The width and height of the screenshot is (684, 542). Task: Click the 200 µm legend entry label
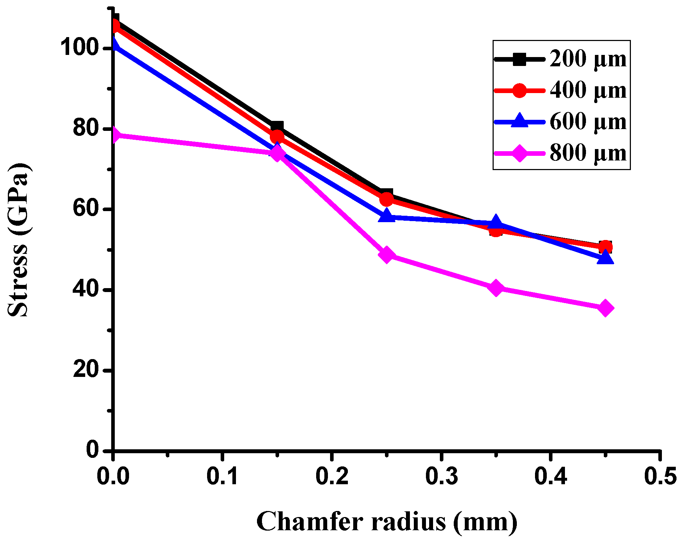pos(588,59)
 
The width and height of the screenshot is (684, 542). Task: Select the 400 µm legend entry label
pos(588,90)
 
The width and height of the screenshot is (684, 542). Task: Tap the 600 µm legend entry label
pos(588,122)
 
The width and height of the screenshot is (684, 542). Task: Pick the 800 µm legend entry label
pos(588,153)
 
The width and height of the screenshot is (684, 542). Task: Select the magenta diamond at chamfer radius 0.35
pos(495,287)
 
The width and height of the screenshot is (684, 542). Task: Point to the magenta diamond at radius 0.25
pos(386,254)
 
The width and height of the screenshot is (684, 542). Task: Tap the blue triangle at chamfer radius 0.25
pos(386,216)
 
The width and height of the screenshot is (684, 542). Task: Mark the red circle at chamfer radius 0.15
pos(277,137)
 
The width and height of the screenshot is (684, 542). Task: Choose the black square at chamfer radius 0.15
pos(277,127)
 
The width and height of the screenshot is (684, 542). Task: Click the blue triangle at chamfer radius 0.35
pos(495,223)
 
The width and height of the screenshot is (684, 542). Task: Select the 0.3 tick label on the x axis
pos(441,476)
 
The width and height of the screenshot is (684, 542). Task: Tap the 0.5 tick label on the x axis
pos(660,476)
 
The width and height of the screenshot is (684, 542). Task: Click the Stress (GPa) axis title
pos(18,240)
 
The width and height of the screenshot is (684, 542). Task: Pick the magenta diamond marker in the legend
pos(520,153)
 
